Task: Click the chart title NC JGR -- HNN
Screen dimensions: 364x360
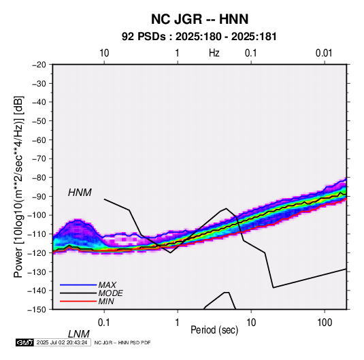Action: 199,19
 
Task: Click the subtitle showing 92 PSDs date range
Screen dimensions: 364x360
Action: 199,37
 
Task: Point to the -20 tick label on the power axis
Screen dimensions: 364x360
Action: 39,65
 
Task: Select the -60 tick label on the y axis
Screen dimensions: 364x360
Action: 39,140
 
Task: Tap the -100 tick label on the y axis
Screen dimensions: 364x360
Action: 37,215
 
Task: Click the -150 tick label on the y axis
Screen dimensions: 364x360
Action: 37,310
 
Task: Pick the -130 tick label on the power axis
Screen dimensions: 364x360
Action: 37,272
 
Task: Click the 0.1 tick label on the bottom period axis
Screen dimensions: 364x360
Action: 104,323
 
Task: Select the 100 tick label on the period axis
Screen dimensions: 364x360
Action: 325,323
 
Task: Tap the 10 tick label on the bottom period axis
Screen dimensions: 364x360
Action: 251,323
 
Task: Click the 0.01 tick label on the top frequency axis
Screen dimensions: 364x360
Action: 324,53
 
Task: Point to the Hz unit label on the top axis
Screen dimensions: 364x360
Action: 214,53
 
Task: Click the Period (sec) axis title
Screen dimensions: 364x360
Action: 214,330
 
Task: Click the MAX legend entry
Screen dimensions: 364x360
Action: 107,285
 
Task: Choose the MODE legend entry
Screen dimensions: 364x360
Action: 110,293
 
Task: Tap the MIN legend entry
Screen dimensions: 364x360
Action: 106,301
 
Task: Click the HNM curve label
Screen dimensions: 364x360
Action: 80,193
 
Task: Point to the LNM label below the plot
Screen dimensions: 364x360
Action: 79,334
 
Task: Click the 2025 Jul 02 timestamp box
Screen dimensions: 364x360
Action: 62,342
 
